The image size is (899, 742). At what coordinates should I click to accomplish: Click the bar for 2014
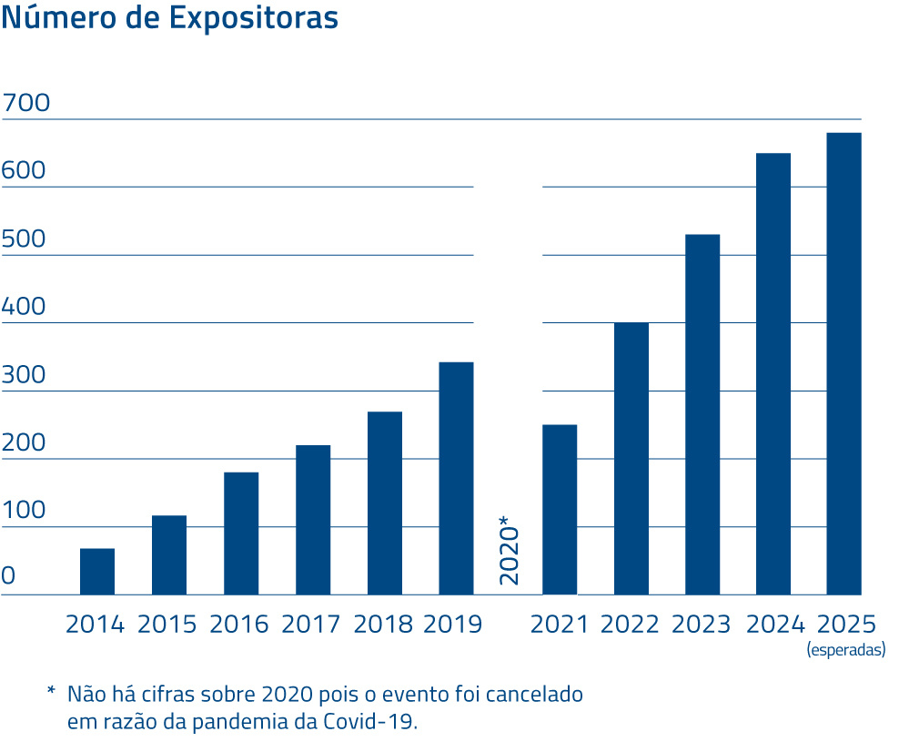97,572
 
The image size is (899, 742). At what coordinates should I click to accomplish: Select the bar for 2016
241,534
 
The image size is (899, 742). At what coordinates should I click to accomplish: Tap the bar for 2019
456,478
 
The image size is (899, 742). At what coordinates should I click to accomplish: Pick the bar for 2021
560,510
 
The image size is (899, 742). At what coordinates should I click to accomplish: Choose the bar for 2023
702,414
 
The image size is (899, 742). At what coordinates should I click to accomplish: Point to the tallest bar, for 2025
843,364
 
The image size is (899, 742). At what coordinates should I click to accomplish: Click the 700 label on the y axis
25,104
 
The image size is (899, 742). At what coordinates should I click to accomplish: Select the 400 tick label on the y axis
24,307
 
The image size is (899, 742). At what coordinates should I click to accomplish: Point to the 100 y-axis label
24,511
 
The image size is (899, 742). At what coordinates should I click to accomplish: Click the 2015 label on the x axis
167,625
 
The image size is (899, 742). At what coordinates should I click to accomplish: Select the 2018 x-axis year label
383,625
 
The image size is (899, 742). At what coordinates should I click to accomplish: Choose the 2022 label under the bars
630,625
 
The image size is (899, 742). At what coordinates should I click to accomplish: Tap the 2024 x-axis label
775,625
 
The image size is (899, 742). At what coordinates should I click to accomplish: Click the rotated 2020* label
510,551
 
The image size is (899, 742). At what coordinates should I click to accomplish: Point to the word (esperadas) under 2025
845,650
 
